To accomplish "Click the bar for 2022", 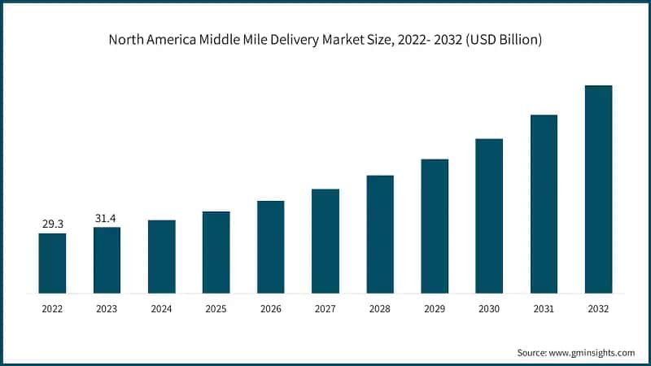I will (52, 263).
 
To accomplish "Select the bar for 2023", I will (107, 259).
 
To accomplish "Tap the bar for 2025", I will (216, 252).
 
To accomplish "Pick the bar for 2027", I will (325, 241).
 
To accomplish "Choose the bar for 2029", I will (435, 225).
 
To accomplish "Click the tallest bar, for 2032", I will (598, 189).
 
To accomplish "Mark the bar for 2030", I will (489, 216).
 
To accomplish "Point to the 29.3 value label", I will (52, 224).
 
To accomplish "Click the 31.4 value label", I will (107, 217).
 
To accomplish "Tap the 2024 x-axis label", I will (161, 309).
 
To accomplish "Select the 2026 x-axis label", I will (270, 309).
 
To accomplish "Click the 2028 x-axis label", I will (380, 309).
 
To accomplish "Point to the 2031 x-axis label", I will (544, 309).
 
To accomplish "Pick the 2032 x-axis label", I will (598, 309).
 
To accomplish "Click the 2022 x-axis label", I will (52, 309).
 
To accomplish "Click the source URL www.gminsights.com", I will (593, 352).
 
